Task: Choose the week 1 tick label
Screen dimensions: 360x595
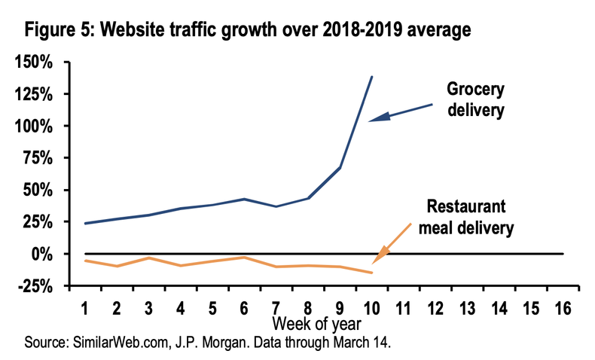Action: click(85, 308)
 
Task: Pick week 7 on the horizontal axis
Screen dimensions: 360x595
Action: click(276, 308)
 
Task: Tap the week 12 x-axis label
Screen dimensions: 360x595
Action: click(435, 308)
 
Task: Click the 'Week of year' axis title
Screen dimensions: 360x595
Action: click(316, 324)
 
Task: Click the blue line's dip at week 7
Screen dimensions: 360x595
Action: click(276, 206)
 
